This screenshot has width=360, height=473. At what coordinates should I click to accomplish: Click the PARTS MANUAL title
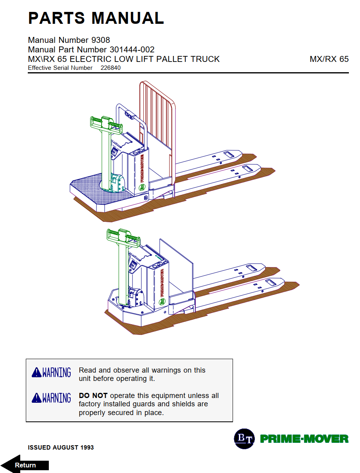[96, 18]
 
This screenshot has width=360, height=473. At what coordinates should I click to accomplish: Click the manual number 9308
[101, 40]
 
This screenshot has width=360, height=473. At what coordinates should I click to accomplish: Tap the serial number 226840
[110, 68]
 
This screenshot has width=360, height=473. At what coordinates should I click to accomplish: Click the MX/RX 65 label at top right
[329, 59]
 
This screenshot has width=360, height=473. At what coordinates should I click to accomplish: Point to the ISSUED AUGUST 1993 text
[61, 448]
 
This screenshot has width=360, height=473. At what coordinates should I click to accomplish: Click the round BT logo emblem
[244, 438]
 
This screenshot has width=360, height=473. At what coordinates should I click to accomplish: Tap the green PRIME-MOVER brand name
[304, 439]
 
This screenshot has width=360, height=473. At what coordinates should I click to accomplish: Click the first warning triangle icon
[37, 373]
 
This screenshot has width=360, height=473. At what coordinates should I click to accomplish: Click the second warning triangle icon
[37, 398]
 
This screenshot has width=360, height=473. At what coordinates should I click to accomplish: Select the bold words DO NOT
[93, 396]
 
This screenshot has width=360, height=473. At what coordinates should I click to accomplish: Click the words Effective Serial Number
[60, 68]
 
